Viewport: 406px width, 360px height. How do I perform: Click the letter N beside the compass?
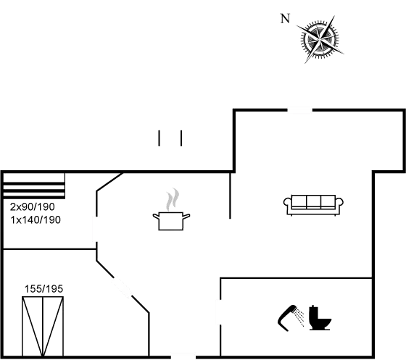[x=285, y=19]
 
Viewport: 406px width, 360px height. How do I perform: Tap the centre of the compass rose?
[x=320, y=40]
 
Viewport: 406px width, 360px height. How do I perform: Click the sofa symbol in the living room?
[x=313, y=205]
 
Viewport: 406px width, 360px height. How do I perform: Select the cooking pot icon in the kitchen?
[x=171, y=221]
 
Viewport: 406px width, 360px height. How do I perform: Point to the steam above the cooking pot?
[x=173, y=199]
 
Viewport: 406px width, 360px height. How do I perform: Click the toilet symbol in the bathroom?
[x=320, y=317]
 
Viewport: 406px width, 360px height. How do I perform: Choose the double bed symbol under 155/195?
[x=43, y=327]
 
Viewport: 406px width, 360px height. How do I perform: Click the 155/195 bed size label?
[x=43, y=288]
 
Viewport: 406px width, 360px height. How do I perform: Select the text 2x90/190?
[x=33, y=206]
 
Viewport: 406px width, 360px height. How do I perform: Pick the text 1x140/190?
[x=36, y=219]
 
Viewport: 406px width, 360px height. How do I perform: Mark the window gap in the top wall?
[x=300, y=110]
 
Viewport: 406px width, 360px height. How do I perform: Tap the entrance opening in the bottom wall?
[x=183, y=357]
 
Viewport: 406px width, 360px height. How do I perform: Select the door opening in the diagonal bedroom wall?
[x=122, y=287]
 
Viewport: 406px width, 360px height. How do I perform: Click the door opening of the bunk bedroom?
[x=96, y=229]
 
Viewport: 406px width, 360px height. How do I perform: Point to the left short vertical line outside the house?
[x=159, y=138]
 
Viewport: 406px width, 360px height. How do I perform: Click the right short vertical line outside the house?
[x=181, y=138]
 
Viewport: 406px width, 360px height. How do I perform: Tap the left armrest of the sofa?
[x=287, y=202]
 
